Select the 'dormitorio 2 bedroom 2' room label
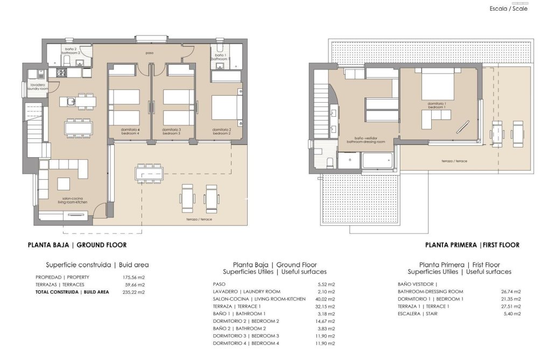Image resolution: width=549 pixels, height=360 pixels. point(222,131)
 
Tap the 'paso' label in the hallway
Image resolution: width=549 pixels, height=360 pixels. point(150,53)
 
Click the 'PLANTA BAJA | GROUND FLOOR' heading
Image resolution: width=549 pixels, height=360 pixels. point(77,245)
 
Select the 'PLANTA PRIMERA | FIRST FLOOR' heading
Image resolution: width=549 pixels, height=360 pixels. point(472,245)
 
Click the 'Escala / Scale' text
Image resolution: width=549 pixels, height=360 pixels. point(508,9)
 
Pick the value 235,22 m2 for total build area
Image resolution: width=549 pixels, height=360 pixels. point(134,292)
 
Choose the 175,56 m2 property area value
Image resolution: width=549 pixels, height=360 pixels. point(134,277)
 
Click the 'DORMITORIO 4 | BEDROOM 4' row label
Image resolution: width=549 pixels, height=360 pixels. point(246,343)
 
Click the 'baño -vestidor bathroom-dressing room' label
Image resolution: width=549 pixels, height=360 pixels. point(366,140)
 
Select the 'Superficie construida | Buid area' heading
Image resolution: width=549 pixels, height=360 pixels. point(97,265)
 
